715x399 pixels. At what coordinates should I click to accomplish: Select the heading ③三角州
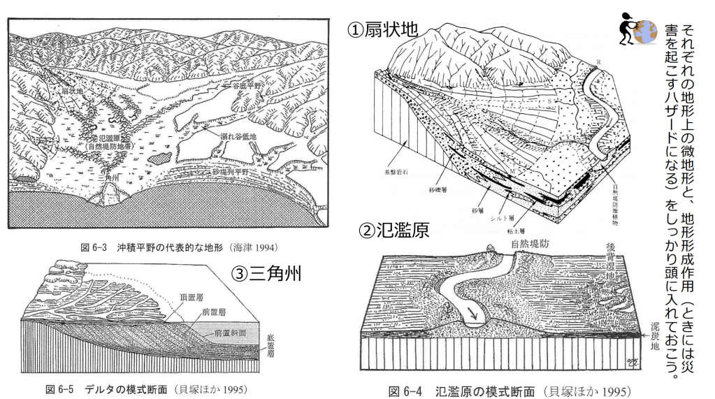point(266,273)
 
